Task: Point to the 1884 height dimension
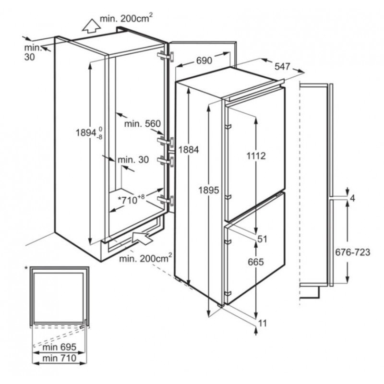[187, 149]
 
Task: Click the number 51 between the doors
[262, 238]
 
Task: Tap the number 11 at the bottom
[262, 324]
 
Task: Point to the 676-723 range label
[352, 253]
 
